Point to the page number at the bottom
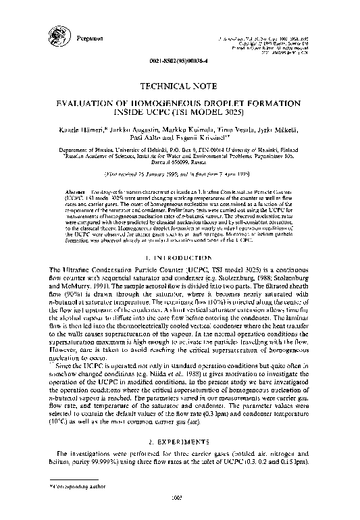pyautogui.click(x=181, y=516)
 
